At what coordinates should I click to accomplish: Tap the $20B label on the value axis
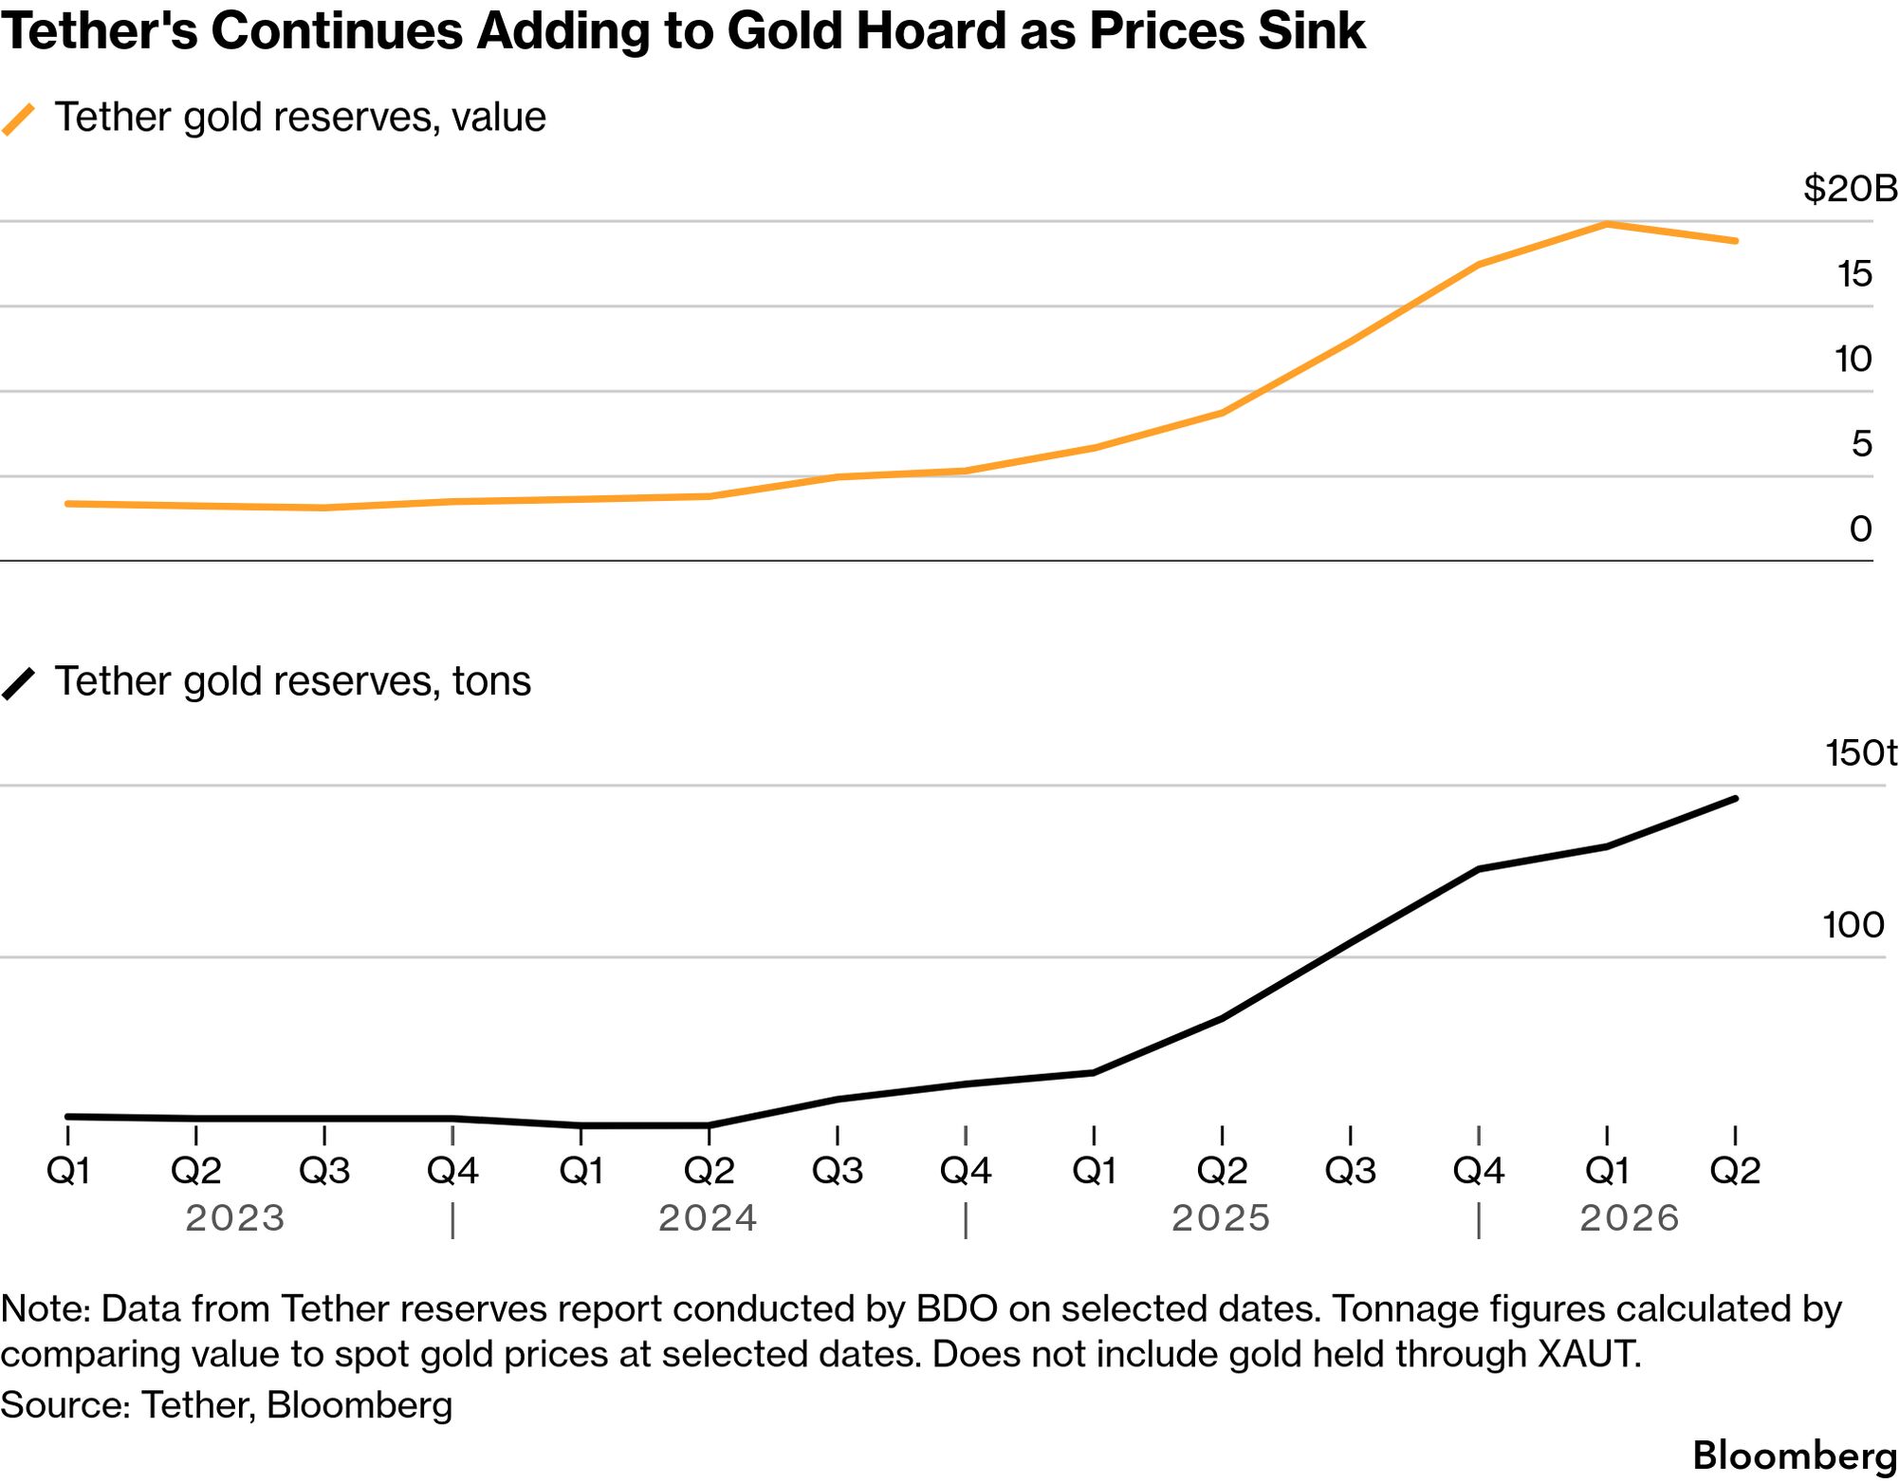point(1851,189)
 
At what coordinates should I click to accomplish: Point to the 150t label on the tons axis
point(1861,752)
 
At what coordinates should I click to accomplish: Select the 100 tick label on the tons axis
point(1853,925)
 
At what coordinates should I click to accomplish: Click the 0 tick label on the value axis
point(1861,528)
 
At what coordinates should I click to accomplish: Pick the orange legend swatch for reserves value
point(18,120)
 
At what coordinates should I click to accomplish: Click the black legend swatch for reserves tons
point(18,683)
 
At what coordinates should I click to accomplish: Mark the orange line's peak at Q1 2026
point(1607,224)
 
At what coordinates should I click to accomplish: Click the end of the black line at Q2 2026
point(1735,799)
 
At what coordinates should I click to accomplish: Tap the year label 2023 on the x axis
point(234,1218)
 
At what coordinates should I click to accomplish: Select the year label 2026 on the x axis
point(1629,1218)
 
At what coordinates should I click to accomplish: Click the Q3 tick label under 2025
point(1350,1171)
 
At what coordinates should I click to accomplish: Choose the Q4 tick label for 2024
point(966,1171)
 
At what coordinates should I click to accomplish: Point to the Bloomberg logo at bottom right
point(1795,1455)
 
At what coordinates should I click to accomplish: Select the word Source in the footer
point(65,1405)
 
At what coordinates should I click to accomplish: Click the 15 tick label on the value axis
point(1855,274)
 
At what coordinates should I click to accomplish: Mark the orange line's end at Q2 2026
point(1735,241)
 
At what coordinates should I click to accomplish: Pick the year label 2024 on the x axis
point(708,1218)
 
